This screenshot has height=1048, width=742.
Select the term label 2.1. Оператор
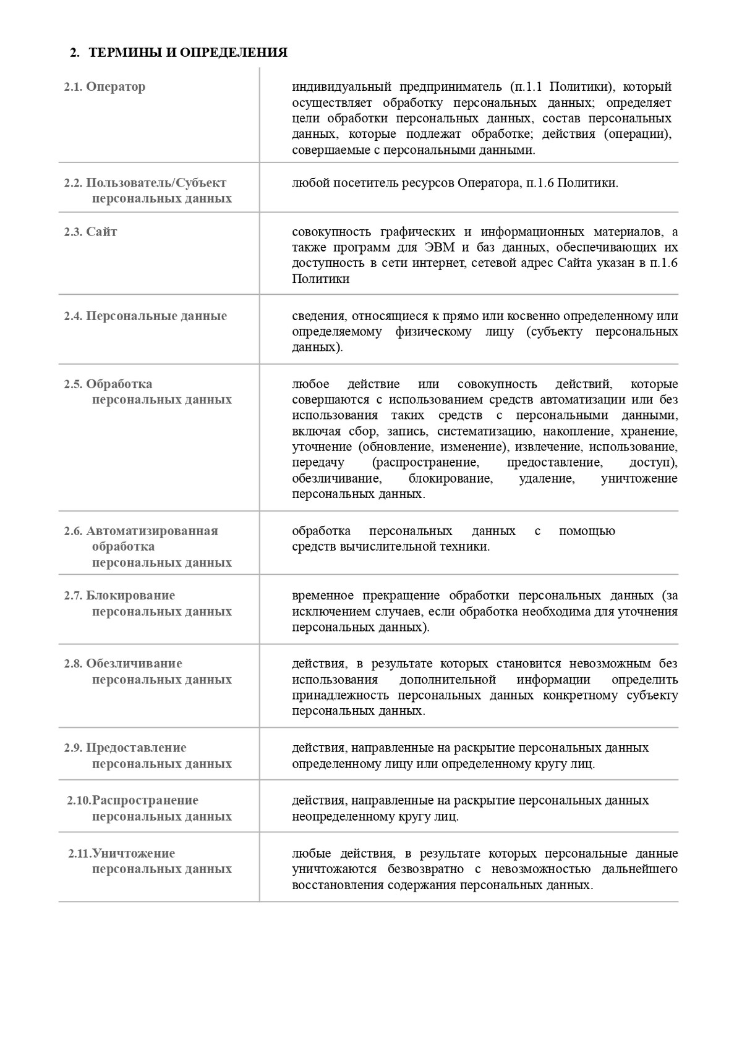(105, 87)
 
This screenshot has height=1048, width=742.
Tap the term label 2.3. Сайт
(90, 232)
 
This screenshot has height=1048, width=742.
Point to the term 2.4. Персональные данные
(145, 316)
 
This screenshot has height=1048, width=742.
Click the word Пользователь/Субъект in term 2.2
(156, 183)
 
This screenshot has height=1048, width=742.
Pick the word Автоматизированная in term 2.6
(152, 531)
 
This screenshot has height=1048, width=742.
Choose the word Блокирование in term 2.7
(130, 596)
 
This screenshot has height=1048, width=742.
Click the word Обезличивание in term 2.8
(134, 664)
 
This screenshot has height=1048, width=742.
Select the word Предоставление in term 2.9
(136, 748)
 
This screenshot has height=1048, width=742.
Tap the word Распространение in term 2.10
(145, 800)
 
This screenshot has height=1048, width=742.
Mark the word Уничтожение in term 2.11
(134, 853)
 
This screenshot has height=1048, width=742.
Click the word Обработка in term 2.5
(119, 384)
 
